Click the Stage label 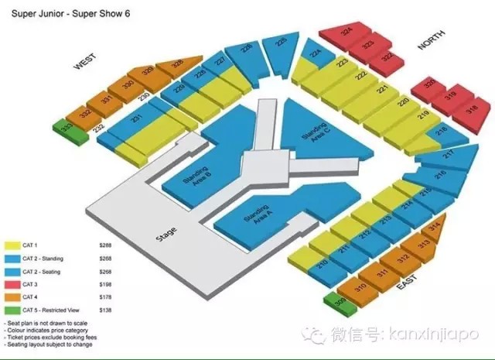[166, 232]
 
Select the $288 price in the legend [106, 245]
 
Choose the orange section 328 [177, 65]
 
